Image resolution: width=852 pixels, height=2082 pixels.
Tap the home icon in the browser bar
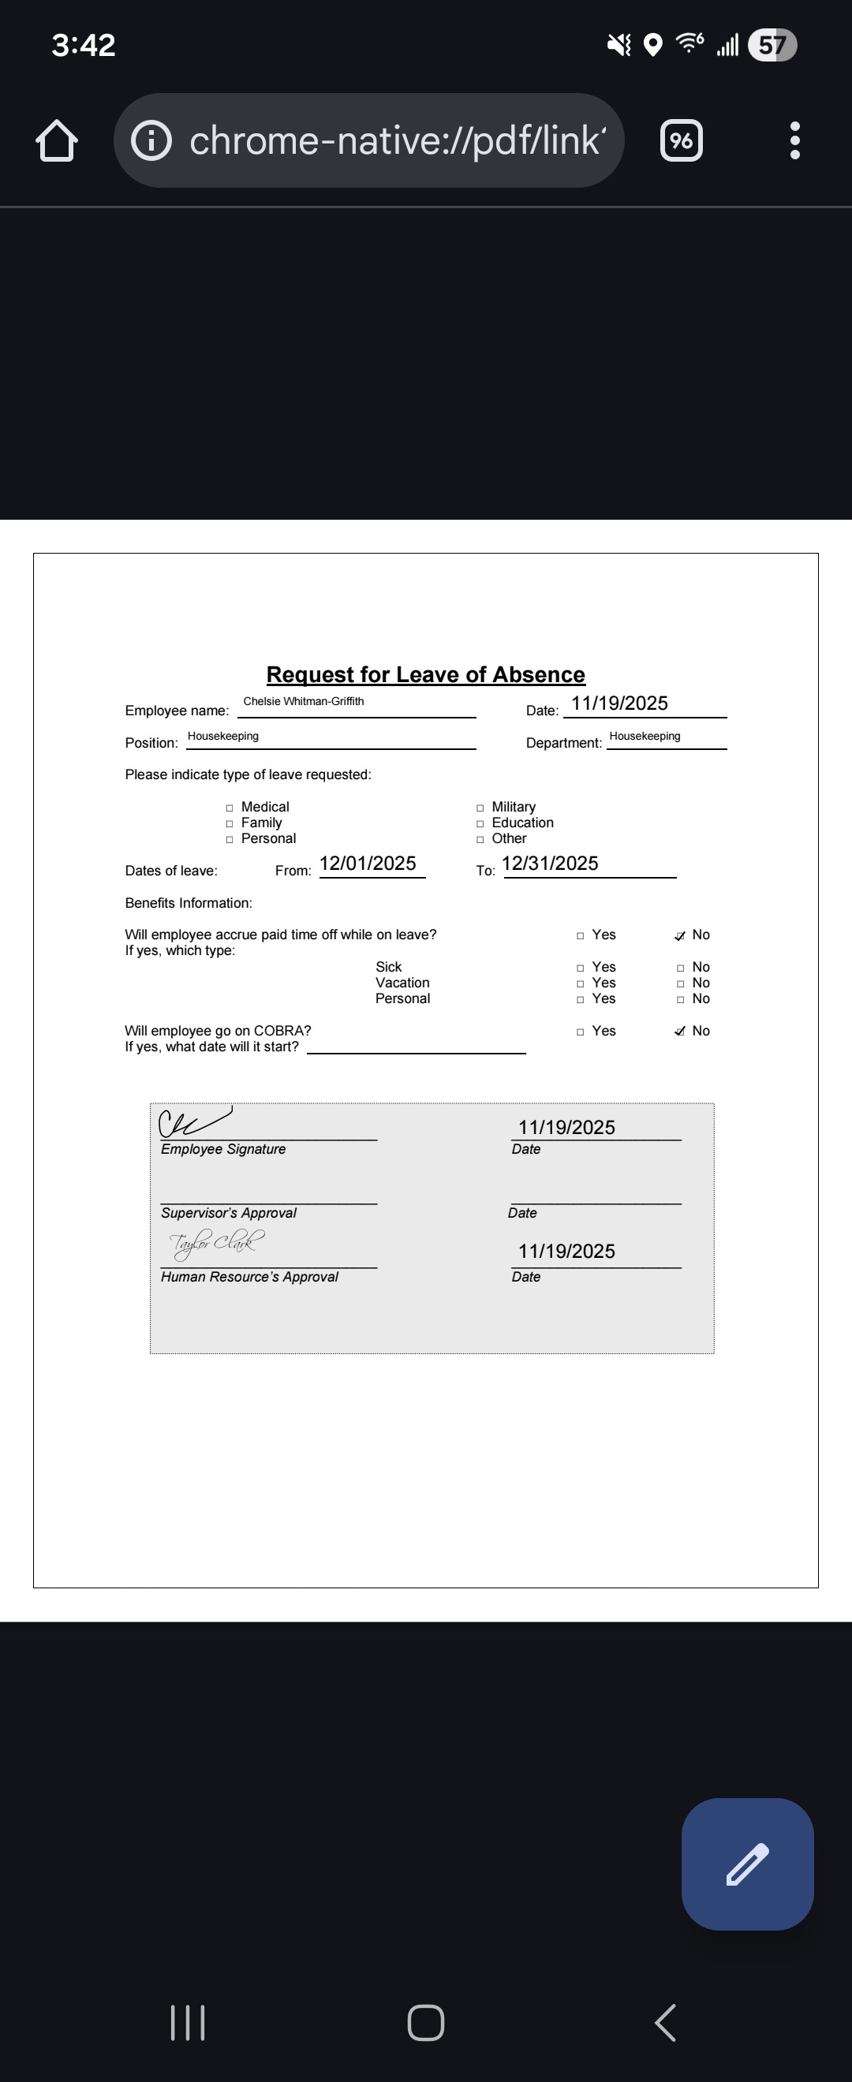57,140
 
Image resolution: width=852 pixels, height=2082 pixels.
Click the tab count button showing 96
682,140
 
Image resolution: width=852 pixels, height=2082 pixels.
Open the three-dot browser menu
794,140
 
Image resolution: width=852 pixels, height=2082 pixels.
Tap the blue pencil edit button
747,1864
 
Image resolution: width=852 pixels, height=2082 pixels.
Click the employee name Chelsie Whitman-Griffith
303,702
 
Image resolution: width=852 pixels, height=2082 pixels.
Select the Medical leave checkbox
230,808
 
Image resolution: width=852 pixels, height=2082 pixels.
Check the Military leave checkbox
480,808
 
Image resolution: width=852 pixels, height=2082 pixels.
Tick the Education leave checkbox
480,823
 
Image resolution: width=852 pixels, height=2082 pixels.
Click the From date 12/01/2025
368,864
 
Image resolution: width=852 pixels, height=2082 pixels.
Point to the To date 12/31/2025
550,864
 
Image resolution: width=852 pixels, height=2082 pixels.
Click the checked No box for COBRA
680,1032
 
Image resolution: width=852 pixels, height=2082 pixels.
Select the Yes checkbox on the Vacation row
581,983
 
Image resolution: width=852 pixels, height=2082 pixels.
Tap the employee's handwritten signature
194,1121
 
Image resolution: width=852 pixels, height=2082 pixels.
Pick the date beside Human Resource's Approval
566,1251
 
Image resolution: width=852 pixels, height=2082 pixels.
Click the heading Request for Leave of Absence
425,675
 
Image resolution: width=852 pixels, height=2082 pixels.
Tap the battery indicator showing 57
772,44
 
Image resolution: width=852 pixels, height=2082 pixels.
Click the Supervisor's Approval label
229,1213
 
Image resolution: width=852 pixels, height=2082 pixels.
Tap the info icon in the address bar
151,140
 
